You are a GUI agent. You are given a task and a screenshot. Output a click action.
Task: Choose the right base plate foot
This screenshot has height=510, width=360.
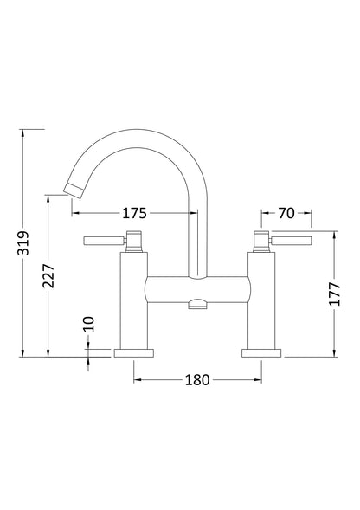(x=260, y=352)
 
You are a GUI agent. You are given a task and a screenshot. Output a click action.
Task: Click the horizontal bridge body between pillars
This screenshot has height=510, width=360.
(x=197, y=290)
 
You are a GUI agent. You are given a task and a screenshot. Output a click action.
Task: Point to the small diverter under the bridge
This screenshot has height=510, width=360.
(x=198, y=305)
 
